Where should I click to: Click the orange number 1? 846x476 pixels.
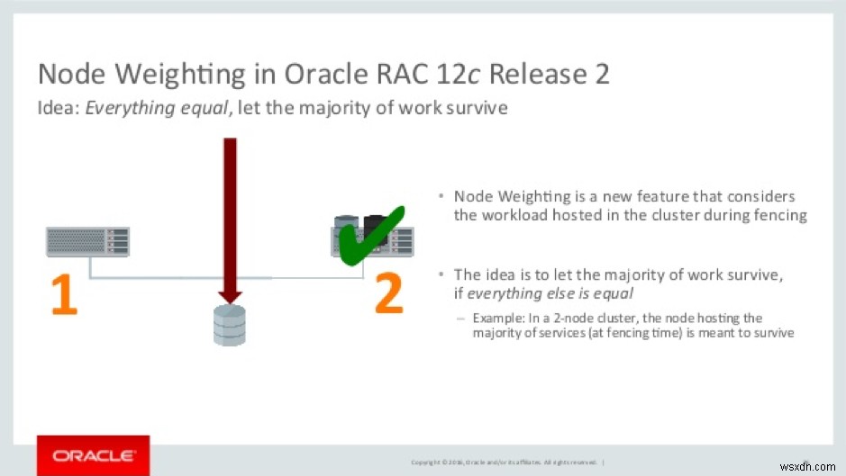[x=63, y=295]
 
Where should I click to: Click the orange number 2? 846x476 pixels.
[x=388, y=295]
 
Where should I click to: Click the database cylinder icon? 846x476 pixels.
[x=229, y=325]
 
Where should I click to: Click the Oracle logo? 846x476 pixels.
[x=94, y=456]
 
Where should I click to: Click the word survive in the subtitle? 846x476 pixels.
[x=476, y=109]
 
